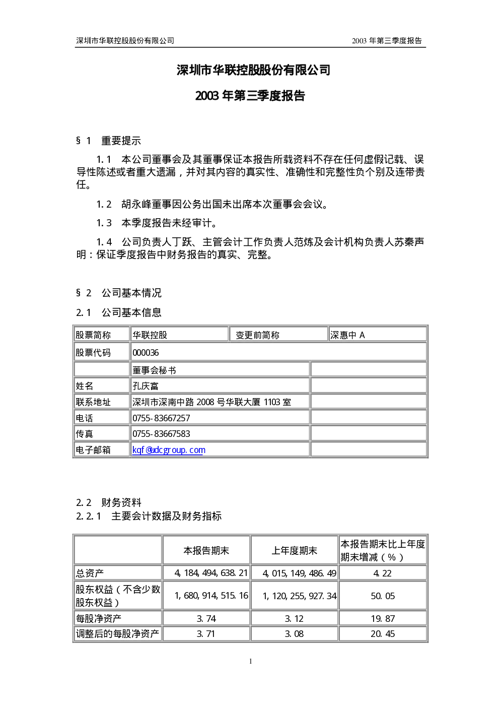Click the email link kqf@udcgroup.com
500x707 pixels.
[x=169, y=450]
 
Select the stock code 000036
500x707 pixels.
[x=146, y=353]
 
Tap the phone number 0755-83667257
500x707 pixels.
[x=161, y=418]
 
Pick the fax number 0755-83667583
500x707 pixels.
[x=161, y=434]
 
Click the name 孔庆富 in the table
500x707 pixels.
[x=146, y=386]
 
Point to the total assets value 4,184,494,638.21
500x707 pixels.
[x=211, y=573]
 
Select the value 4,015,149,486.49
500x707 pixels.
[x=300, y=573]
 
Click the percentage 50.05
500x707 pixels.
[x=383, y=596]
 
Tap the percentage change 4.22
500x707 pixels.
[x=382, y=573]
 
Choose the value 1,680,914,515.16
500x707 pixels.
[x=211, y=596]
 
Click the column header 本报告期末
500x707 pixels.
[x=206, y=551]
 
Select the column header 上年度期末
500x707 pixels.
[x=295, y=551]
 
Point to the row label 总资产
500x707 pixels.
[x=90, y=573]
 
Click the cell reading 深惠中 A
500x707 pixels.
[x=347, y=335]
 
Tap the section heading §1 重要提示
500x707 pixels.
[x=109, y=141]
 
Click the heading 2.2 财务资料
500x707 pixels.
[x=109, y=502]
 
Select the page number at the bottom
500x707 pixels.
[x=250, y=661]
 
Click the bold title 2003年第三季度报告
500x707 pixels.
[x=250, y=96]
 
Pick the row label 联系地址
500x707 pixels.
[x=93, y=402]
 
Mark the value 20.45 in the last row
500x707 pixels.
[x=383, y=634]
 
